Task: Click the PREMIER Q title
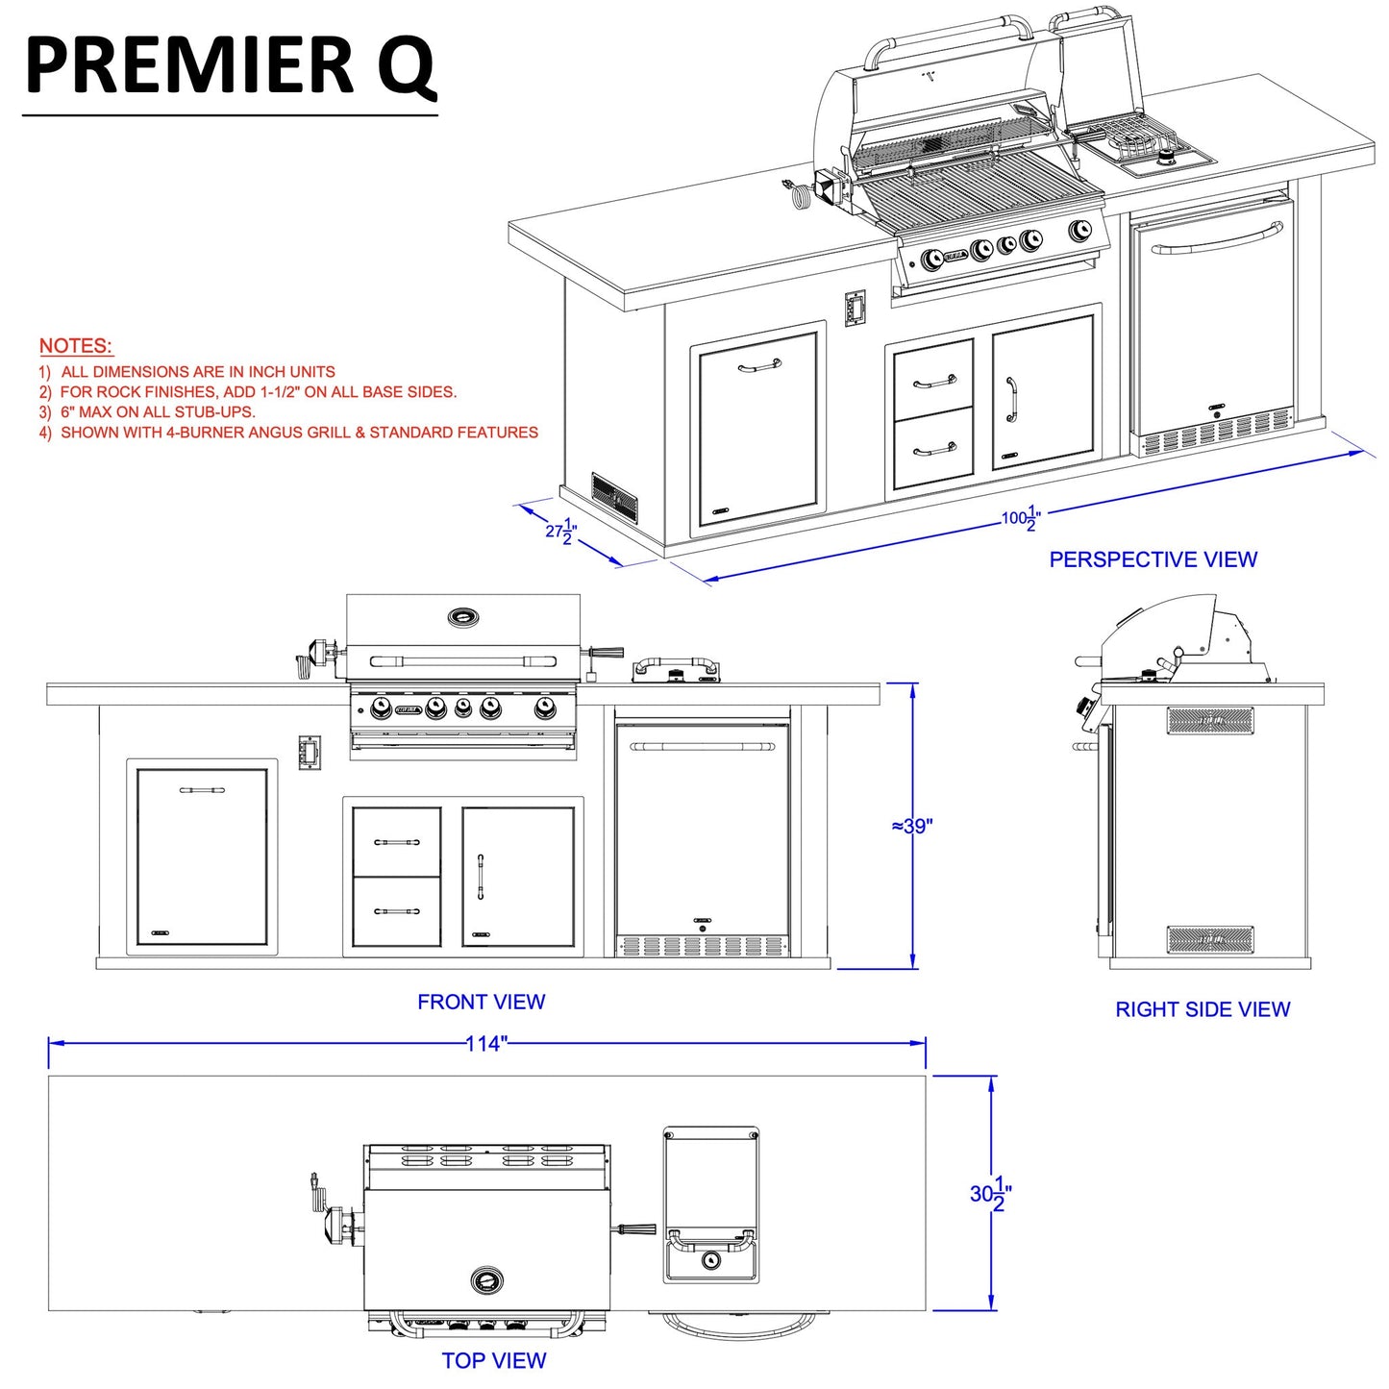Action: (231, 65)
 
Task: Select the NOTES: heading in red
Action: (76, 346)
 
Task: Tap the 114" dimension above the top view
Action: (485, 1043)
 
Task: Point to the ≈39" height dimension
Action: (912, 826)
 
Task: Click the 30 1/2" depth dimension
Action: (990, 1194)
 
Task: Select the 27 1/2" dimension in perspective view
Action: (561, 531)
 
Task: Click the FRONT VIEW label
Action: (481, 1002)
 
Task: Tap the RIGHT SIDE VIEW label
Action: (1202, 1009)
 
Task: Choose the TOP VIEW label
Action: (494, 1360)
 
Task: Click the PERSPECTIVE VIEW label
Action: (1153, 559)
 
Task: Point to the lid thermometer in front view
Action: (464, 617)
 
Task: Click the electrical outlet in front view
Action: (309, 752)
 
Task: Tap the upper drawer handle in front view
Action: (396, 842)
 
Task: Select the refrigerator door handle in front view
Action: (702, 746)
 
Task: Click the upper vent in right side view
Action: (1210, 720)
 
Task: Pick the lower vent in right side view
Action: (1210, 939)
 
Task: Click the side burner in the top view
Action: (710, 1204)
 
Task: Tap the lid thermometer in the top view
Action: (486, 1279)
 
